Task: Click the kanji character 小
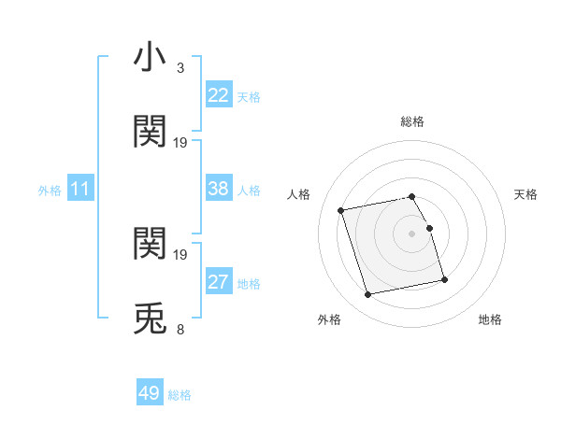point(150,57)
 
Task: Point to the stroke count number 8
point(180,329)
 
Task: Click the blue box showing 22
point(219,95)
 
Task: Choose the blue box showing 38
point(219,189)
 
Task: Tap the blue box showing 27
point(219,282)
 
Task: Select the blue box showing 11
point(80,189)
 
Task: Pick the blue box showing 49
point(150,393)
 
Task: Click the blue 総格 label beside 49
point(180,395)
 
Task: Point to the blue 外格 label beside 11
point(50,191)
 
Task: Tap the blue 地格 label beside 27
point(249,284)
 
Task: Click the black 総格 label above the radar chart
point(412,121)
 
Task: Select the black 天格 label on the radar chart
point(526,194)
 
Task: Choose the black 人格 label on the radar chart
point(299,194)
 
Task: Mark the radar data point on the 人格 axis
point(341,209)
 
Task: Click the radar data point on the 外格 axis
point(368,294)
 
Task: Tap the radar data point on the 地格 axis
point(444,279)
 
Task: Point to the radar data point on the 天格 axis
point(429,228)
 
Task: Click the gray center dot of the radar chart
point(412,234)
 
